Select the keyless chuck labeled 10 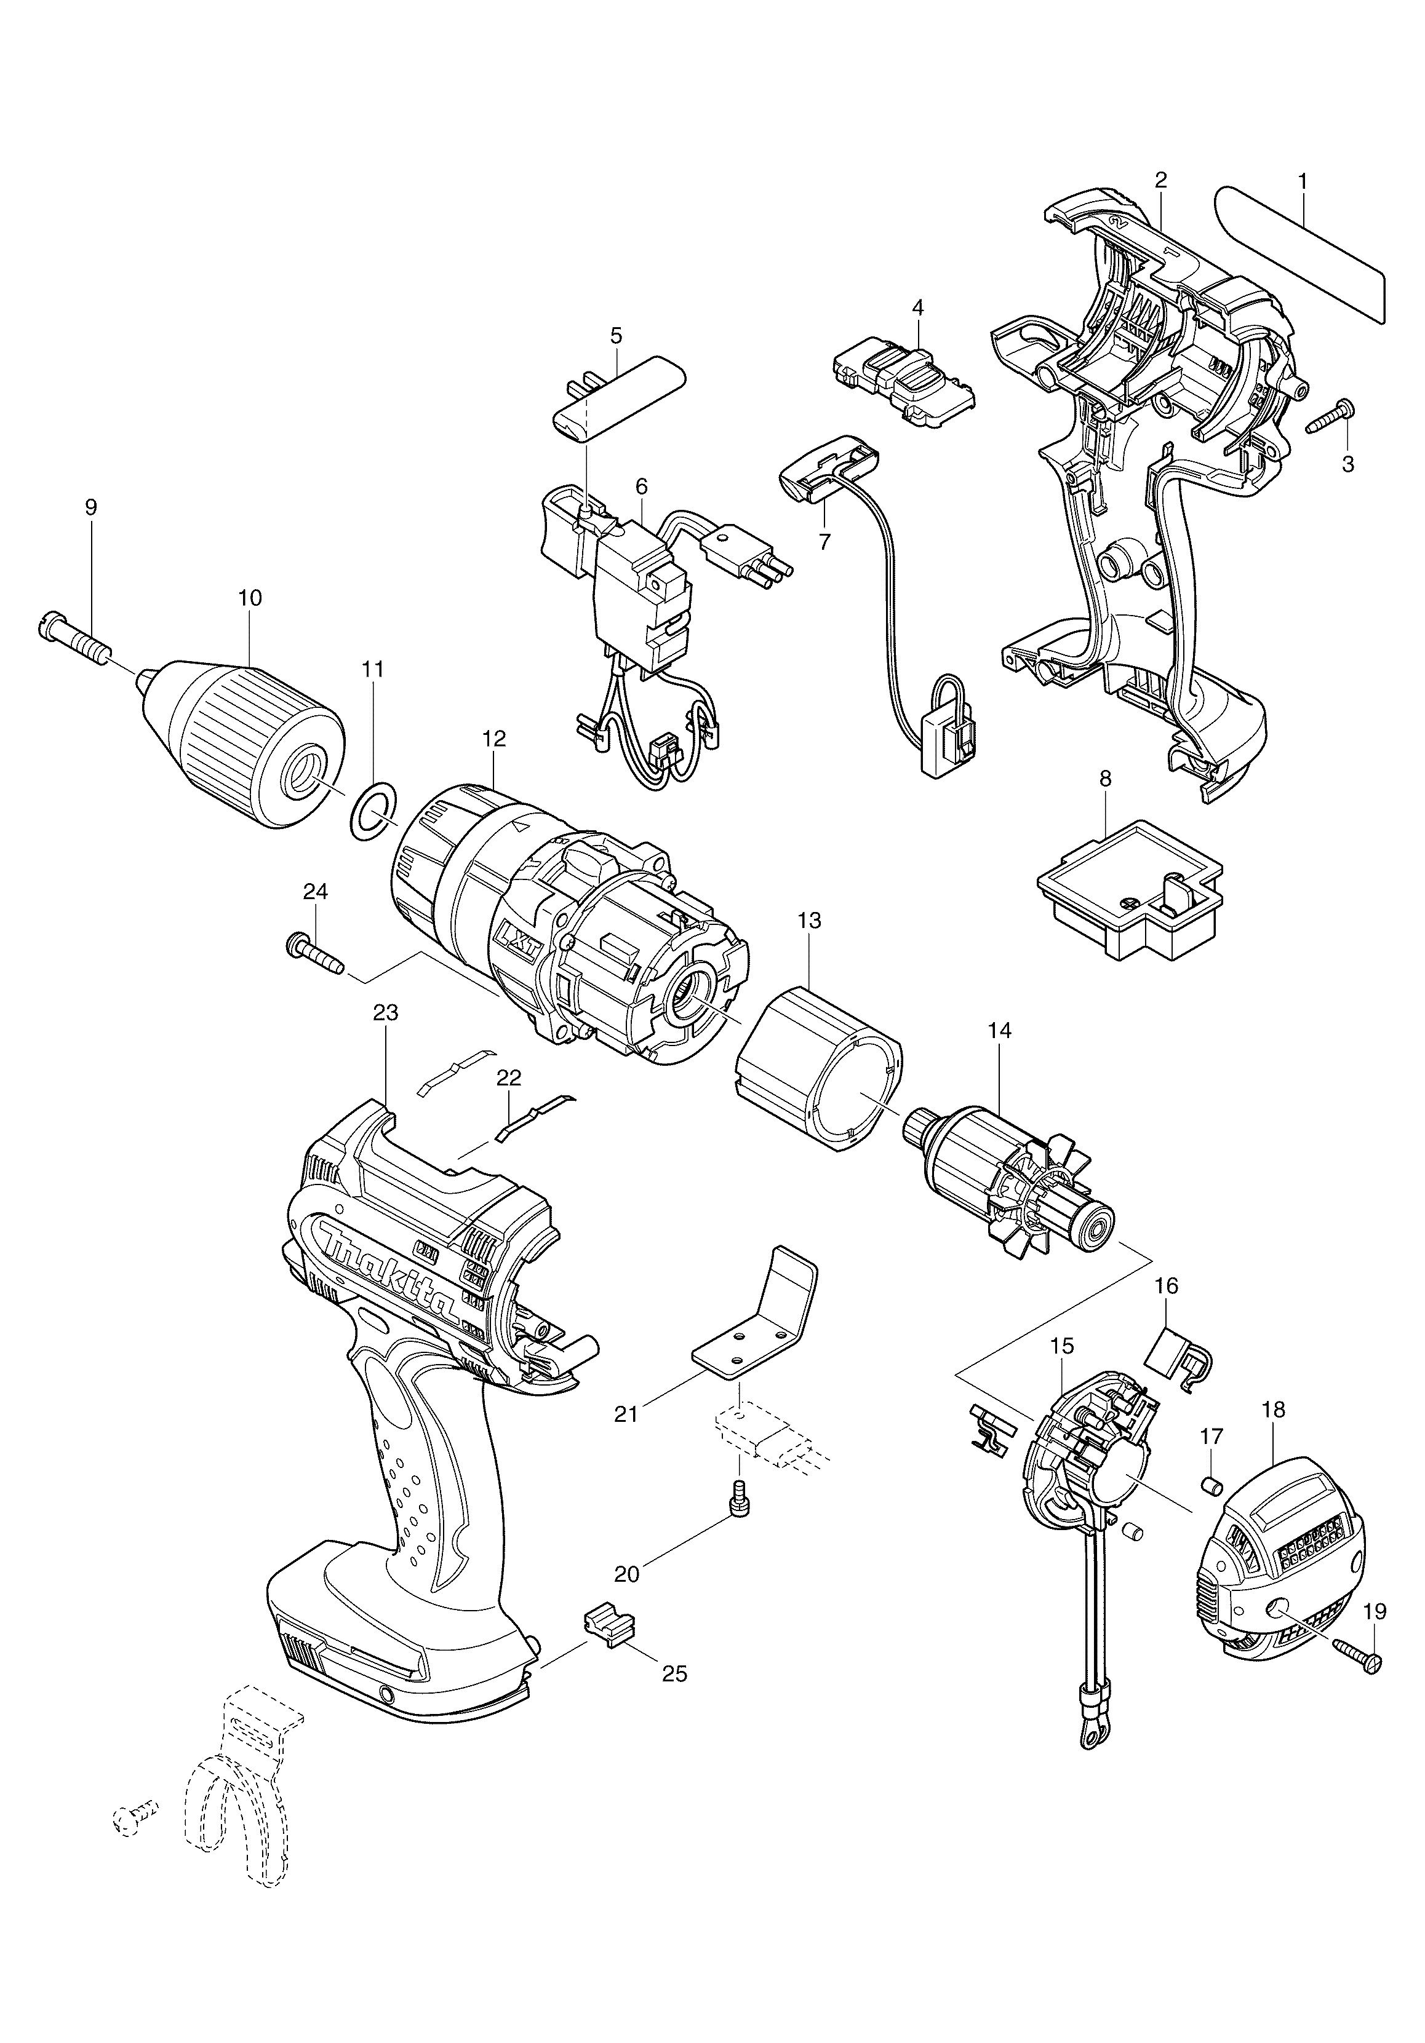pos(241,745)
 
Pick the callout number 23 pos(386,1013)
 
